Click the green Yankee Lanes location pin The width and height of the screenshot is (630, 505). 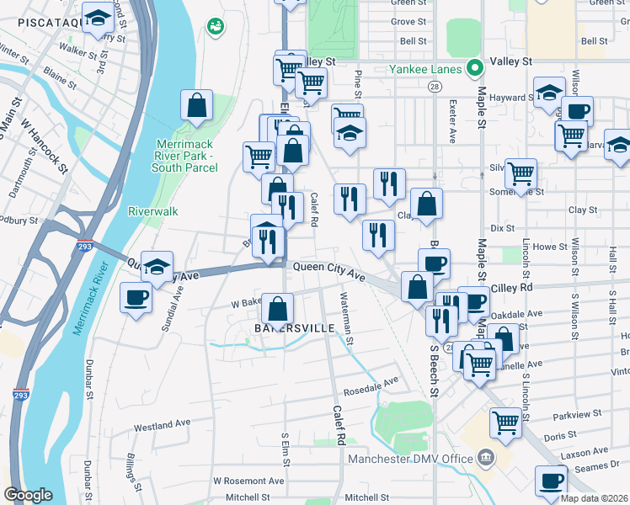click(474, 69)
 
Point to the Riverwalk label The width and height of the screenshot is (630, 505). click(152, 211)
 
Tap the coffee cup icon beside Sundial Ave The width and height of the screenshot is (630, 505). click(136, 297)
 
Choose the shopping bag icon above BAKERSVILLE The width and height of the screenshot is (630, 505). click(278, 308)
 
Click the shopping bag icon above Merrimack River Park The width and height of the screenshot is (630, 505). click(196, 105)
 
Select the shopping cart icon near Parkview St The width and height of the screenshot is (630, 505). click(505, 422)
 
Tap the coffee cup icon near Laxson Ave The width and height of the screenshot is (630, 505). click(551, 481)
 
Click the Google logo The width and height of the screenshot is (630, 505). click(28, 495)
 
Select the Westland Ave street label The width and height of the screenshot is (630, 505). click(162, 424)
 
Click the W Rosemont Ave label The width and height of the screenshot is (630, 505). click(248, 481)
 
